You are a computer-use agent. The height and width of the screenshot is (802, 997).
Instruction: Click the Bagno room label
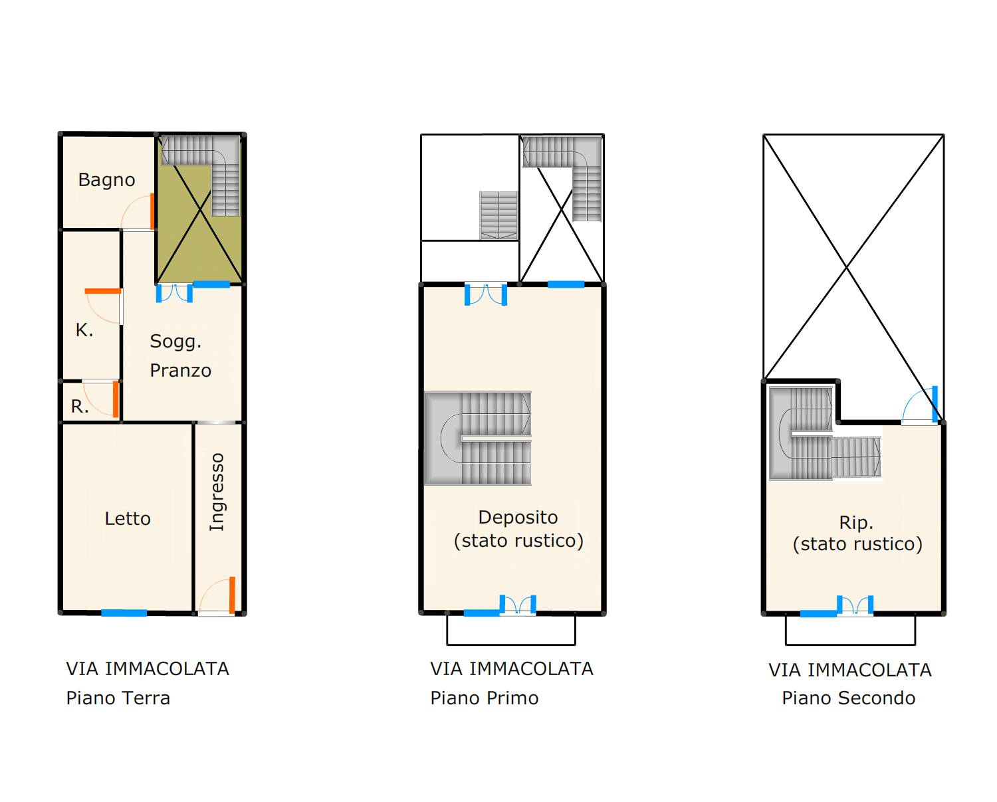(x=106, y=180)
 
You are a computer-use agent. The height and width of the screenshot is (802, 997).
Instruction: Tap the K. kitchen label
(x=84, y=330)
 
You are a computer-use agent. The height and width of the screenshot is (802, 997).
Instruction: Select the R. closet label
(x=80, y=407)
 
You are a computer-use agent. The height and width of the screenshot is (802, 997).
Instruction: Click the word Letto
(x=128, y=518)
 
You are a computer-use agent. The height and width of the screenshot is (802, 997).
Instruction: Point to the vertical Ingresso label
(x=217, y=492)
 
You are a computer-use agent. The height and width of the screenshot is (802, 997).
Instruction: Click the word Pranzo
(x=181, y=371)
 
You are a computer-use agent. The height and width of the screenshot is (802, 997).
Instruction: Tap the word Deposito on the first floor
(x=518, y=517)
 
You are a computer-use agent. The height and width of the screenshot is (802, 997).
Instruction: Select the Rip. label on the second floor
(x=856, y=523)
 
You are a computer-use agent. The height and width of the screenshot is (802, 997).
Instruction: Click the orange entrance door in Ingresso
(x=232, y=595)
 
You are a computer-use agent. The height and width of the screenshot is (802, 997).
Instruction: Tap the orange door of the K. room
(x=103, y=292)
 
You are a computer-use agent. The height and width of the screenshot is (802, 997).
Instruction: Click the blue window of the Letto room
(x=124, y=613)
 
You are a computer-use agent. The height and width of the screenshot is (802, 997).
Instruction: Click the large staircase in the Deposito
(x=478, y=439)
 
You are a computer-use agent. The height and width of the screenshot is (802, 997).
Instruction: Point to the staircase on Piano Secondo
(x=824, y=434)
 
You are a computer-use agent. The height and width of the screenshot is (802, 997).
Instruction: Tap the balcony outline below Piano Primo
(x=511, y=645)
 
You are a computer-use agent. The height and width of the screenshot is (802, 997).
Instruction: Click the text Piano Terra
(x=118, y=698)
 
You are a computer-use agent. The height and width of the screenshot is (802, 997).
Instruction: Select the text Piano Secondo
(x=849, y=698)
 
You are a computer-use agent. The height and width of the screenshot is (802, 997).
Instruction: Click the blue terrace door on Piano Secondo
(x=935, y=404)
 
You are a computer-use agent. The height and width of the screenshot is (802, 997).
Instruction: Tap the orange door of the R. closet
(x=116, y=399)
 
